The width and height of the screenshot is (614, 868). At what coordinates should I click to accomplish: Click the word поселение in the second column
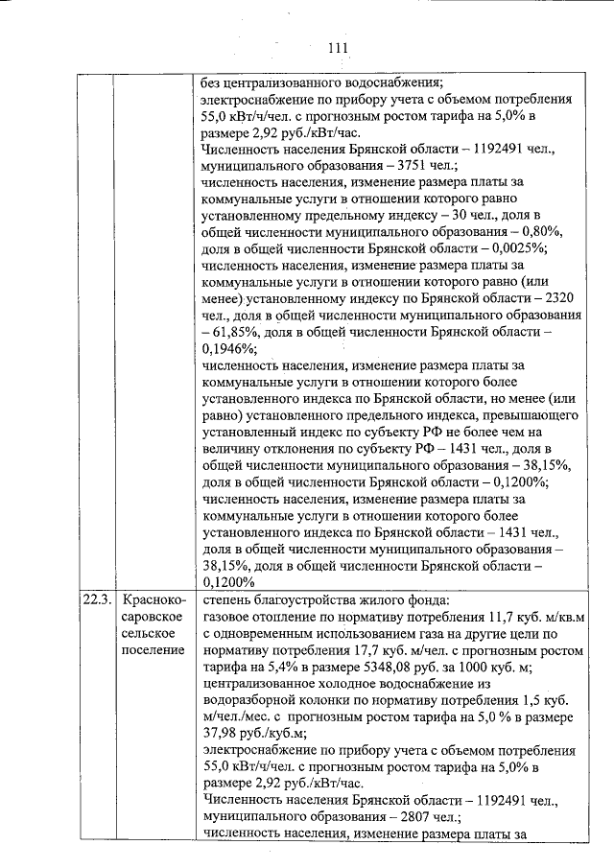point(153,651)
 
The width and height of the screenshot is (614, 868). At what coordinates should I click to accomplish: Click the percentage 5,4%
point(272,668)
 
